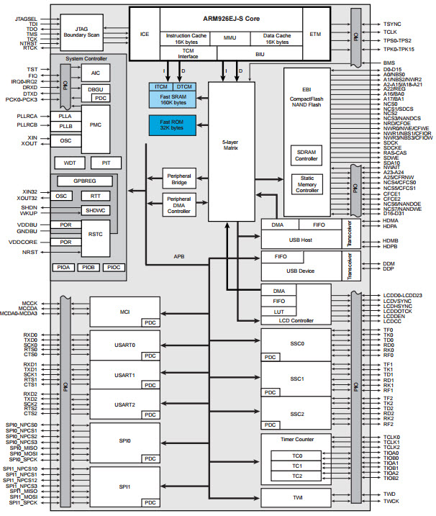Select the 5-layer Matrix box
(x=232, y=143)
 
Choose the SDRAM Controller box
(x=306, y=156)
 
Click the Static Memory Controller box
(x=306, y=184)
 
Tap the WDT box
(x=70, y=163)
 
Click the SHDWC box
(x=95, y=211)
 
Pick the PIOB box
(x=88, y=267)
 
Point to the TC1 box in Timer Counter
(x=296, y=466)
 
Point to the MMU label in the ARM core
(x=230, y=36)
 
